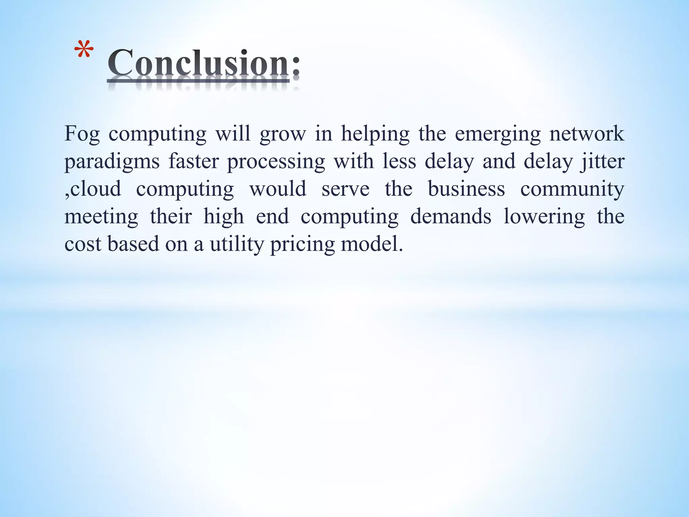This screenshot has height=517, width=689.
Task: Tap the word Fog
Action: (x=82, y=134)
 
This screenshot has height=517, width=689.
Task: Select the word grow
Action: (x=283, y=134)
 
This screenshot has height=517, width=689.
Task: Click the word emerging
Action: (x=498, y=134)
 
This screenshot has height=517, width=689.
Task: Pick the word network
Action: (x=587, y=134)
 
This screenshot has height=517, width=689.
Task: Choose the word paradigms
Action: (x=112, y=162)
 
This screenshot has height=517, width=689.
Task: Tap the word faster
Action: (x=193, y=161)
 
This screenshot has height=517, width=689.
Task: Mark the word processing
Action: (x=276, y=162)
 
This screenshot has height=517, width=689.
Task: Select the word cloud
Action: (x=96, y=189)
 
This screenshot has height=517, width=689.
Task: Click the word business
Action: (x=466, y=189)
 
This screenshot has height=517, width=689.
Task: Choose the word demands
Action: (x=451, y=216)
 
